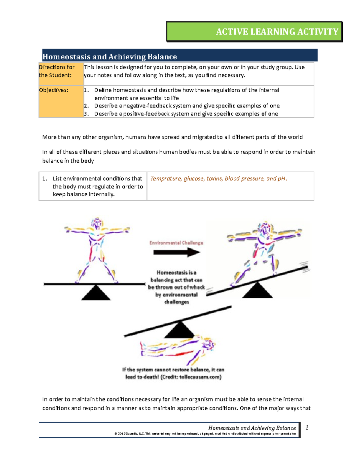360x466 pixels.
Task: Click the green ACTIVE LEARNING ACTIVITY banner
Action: click(x=254, y=32)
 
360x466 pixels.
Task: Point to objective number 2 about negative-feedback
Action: click(x=187, y=106)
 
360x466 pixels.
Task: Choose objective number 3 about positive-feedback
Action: click(x=186, y=114)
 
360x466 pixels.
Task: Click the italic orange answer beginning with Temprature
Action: click(x=218, y=179)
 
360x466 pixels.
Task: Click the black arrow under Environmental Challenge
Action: click(x=176, y=252)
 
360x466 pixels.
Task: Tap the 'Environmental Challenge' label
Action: click(x=176, y=243)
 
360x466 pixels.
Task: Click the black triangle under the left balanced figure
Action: click(x=96, y=293)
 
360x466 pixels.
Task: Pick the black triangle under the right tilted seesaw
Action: click(x=257, y=290)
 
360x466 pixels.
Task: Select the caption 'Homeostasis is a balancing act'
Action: click(x=176, y=287)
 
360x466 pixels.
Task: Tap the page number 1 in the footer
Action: click(x=307, y=428)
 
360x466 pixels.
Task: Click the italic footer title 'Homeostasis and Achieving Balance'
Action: click(x=252, y=428)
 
